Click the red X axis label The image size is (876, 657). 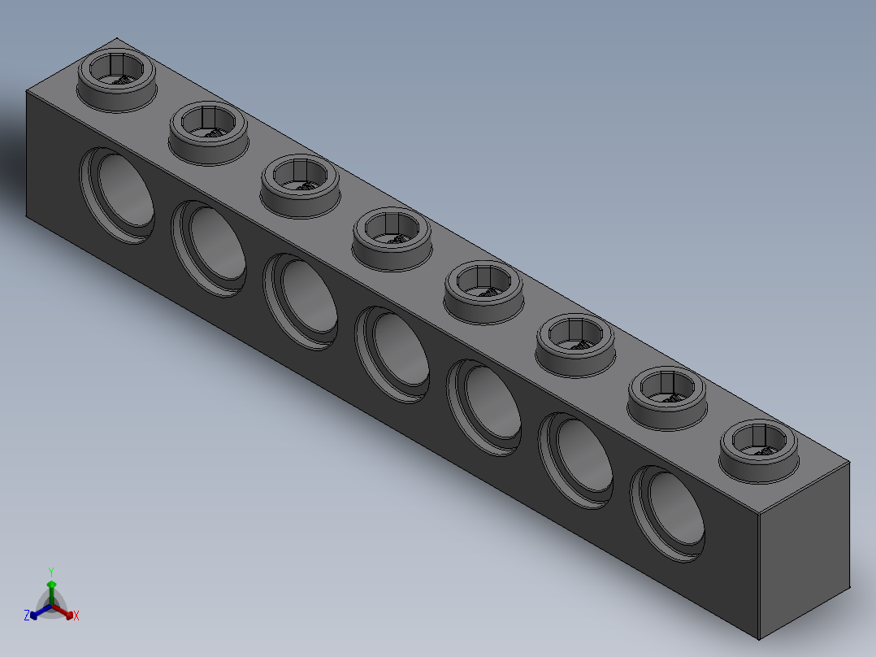pos(76,616)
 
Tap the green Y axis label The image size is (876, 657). pos(51,572)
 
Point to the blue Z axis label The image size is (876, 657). pos(27,616)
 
